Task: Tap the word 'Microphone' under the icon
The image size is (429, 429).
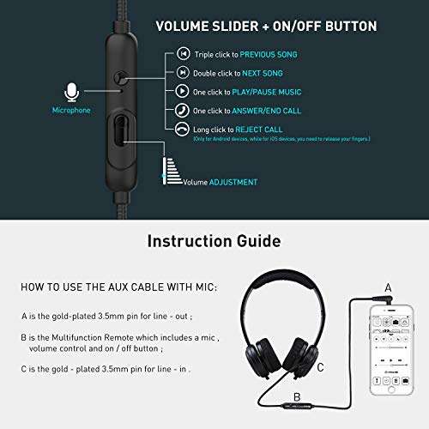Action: point(73,110)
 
